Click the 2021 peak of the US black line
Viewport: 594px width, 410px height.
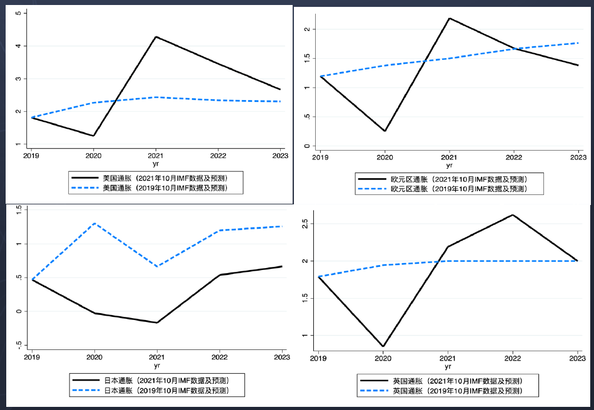click(x=156, y=37)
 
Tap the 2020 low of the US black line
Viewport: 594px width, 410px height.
click(x=94, y=136)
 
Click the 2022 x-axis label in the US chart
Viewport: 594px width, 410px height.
click(x=218, y=156)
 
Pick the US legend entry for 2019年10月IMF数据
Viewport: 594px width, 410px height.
click(x=164, y=188)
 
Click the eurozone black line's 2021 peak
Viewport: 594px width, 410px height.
click(x=449, y=18)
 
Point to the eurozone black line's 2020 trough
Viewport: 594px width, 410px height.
click(x=385, y=131)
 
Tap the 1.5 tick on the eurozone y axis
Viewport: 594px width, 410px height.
click(x=307, y=59)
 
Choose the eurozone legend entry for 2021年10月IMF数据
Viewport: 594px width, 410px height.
click(x=458, y=179)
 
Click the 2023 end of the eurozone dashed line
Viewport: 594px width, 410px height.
click(x=578, y=43)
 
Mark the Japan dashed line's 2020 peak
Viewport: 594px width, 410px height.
click(x=94, y=223)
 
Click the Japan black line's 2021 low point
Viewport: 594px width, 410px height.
click(x=156, y=322)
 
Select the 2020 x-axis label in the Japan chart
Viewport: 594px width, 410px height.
click(x=94, y=357)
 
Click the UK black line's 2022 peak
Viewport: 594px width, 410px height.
click(x=513, y=215)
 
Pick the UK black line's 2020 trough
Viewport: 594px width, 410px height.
click(x=383, y=346)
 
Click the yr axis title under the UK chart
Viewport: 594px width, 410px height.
click(x=448, y=367)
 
